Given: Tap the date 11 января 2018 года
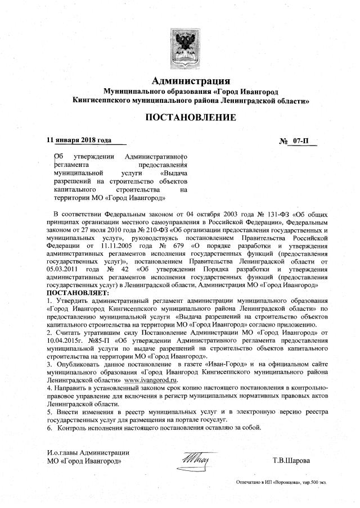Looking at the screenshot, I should [79, 140].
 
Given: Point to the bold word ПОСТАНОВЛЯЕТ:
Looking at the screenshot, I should [78, 293].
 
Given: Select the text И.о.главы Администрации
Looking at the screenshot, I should [88, 452].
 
